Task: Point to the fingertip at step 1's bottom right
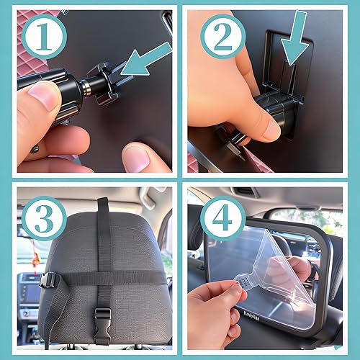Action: click(141, 156)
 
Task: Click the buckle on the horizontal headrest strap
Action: click(49, 279)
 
